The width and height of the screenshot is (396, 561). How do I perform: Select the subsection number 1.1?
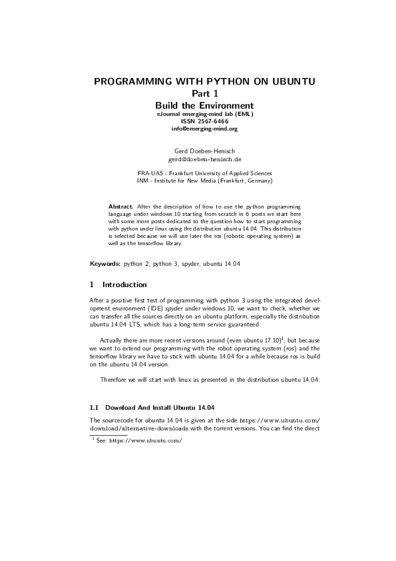94,406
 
